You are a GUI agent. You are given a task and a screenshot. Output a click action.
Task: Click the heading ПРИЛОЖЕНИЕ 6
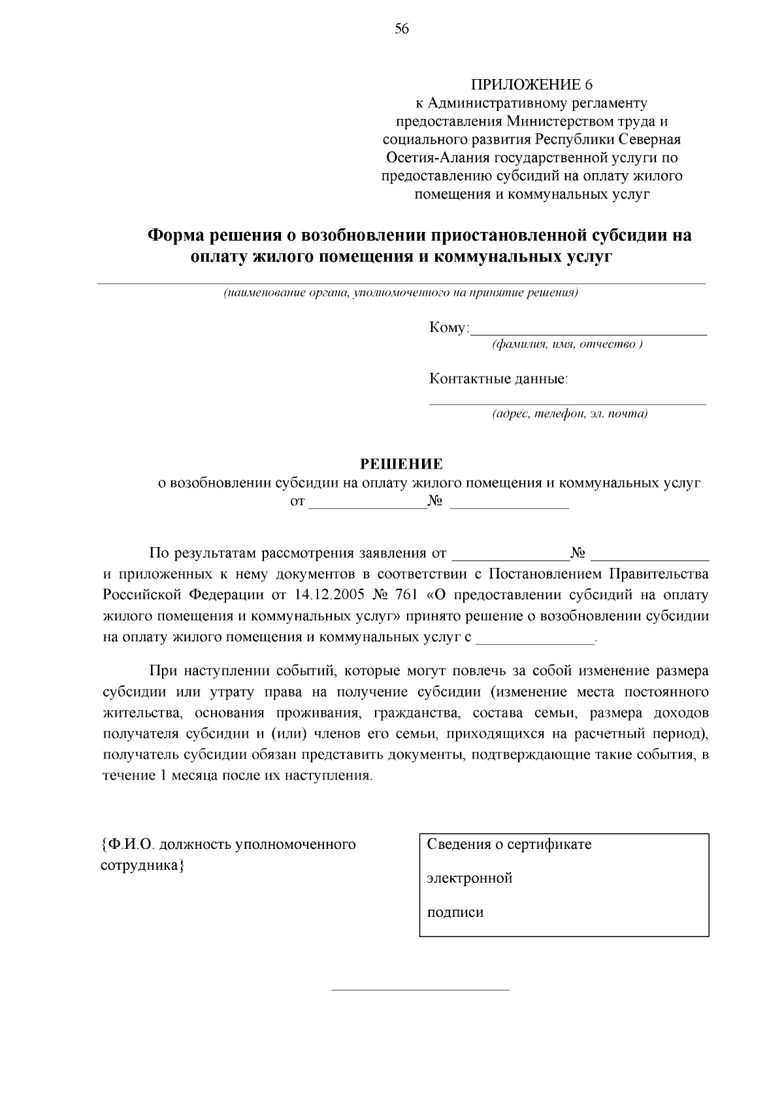click(532, 85)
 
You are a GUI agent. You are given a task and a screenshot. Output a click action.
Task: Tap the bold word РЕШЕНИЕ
click(402, 464)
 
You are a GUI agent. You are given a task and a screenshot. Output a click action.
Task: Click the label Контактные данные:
click(498, 378)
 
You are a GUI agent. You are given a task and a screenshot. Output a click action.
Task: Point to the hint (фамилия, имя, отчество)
click(568, 344)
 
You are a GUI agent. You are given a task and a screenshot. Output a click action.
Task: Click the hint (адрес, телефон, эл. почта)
click(570, 414)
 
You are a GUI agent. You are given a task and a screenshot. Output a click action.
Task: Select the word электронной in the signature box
click(470, 878)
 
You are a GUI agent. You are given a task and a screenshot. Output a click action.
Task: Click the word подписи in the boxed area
click(455, 912)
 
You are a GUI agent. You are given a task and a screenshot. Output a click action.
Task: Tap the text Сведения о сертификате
click(509, 844)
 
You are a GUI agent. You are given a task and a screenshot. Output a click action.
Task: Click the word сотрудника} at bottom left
click(142, 865)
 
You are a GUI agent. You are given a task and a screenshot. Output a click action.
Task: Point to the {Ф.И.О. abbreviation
click(127, 844)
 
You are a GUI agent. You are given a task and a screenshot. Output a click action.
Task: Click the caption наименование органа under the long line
click(284, 293)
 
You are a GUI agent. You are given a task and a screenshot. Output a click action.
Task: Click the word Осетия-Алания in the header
click(438, 158)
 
